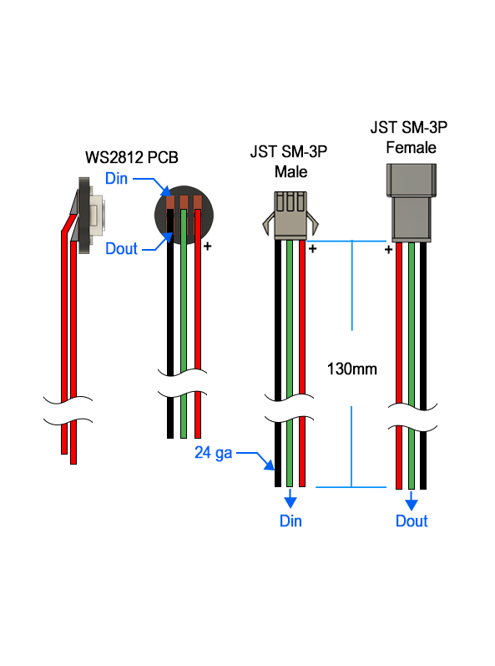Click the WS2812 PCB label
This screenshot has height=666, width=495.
132,157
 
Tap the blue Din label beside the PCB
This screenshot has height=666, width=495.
116,178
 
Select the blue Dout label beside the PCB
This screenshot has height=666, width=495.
121,248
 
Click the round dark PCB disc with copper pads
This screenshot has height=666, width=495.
184,215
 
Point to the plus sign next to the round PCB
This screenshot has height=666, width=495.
207,247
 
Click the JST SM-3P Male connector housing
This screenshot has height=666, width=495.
290,216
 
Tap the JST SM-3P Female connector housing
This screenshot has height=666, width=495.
411,203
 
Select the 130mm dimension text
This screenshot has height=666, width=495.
351,369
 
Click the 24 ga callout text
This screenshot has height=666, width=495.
214,453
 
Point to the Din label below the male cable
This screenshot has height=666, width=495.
290,521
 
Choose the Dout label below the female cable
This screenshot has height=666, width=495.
412,521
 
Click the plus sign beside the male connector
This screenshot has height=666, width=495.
312,249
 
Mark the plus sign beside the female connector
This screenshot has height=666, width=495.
388,250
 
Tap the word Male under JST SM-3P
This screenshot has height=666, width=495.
290,172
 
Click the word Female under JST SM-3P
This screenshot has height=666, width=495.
411,147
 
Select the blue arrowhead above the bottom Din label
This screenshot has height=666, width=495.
290,502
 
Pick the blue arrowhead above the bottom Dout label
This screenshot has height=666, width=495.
411,504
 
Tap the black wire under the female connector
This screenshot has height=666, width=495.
423,366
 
